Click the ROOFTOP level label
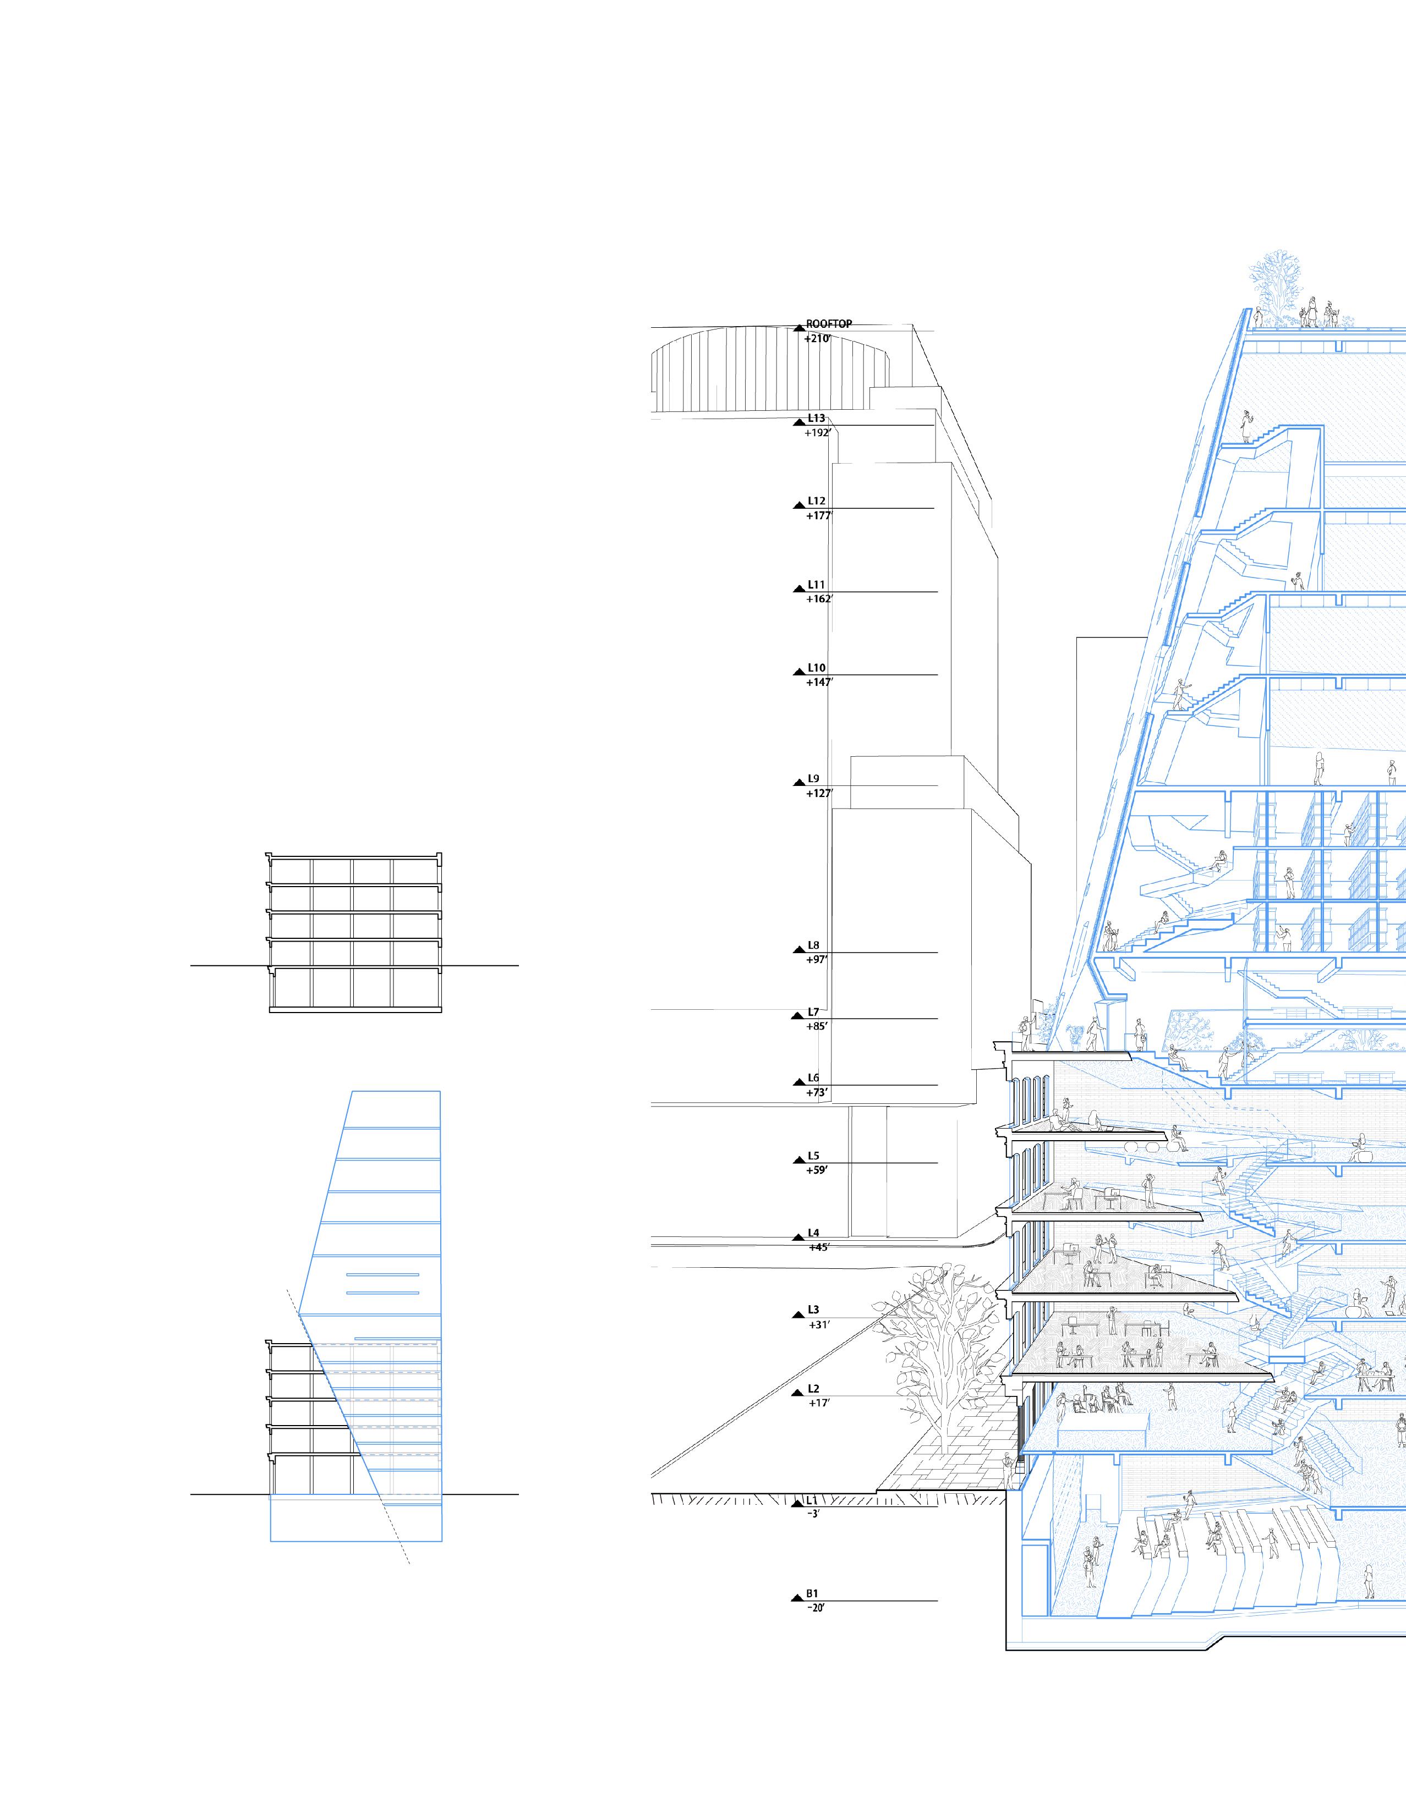829,324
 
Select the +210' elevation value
817,339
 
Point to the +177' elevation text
819,516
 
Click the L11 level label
817,585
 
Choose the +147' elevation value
819,683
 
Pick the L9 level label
813,779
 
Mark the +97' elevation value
817,960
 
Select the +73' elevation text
817,1093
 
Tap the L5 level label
813,1156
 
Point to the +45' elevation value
818,1247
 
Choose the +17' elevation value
818,1404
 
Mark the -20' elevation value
815,1608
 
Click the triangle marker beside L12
798,505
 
